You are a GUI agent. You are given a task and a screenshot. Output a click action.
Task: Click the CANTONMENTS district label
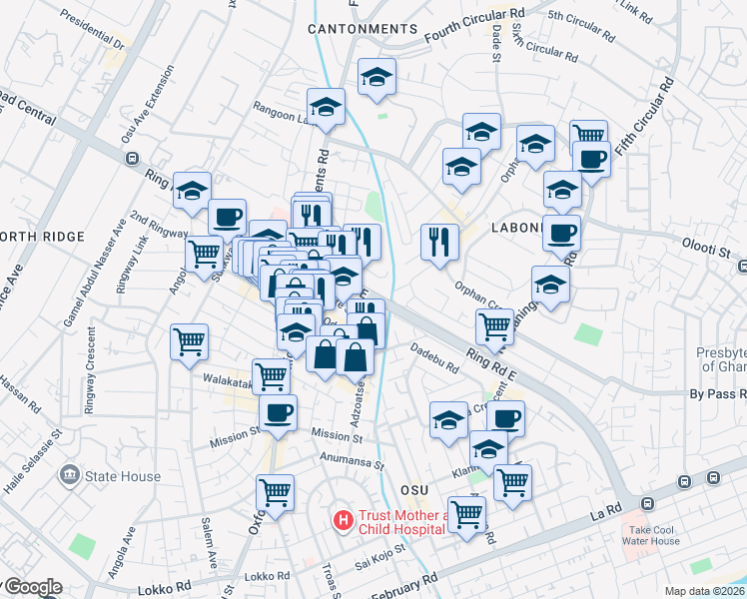[x=362, y=29]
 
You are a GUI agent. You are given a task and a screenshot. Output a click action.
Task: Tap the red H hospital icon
[x=343, y=520]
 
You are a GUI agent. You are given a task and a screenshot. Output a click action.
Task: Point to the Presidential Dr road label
[x=96, y=31]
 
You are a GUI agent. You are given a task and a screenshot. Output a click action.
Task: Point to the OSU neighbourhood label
[x=413, y=490]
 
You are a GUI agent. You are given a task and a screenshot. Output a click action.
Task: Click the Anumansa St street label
[x=353, y=461]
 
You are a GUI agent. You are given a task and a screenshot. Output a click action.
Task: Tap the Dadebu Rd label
[x=433, y=358]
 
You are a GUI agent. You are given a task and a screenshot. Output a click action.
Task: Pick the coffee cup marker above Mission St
[x=278, y=410]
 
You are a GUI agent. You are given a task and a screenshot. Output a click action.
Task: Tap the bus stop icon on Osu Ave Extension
[x=131, y=158]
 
